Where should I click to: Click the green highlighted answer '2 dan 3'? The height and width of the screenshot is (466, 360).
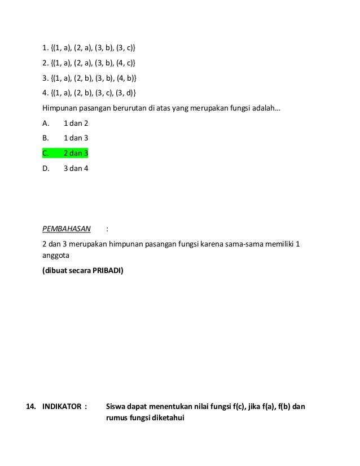(76, 153)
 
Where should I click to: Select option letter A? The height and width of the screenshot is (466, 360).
(46, 122)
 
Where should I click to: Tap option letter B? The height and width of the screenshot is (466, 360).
(46, 138)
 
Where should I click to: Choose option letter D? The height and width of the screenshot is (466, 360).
(46, 168)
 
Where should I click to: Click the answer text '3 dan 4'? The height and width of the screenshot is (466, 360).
(76, 168)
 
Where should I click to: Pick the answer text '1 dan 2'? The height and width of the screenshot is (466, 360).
(76, 122)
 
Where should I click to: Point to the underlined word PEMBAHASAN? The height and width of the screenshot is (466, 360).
(67, 229)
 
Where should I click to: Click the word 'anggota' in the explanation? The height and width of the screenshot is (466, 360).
(55, 254)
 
